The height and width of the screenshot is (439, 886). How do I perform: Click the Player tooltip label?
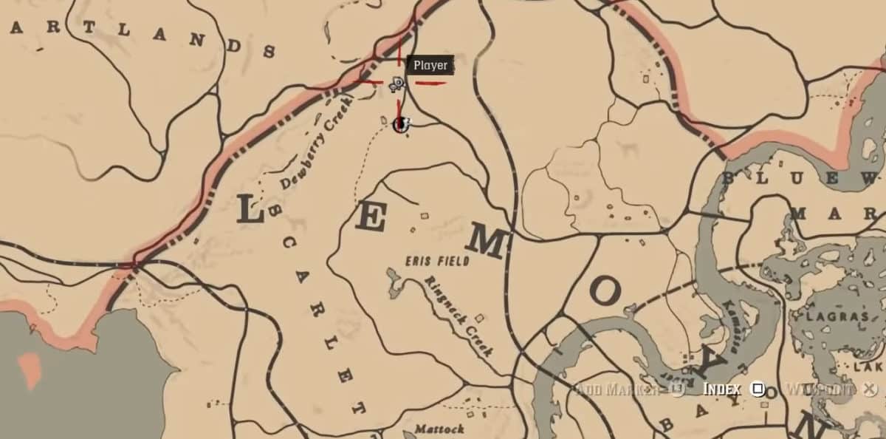(430, 65)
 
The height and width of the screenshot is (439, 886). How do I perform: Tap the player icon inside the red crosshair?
(396, 84)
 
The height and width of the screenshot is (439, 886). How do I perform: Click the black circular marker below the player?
(400, 124)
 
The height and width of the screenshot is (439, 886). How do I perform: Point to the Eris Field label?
(437, 260)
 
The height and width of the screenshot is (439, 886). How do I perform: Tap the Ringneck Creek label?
(458, 316)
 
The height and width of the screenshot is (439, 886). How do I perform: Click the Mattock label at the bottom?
(439, 429)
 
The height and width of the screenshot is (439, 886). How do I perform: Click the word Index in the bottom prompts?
(722, 389)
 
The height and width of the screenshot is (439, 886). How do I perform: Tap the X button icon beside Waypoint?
(870, 389)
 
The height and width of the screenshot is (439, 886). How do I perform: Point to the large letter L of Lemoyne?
(250, 211)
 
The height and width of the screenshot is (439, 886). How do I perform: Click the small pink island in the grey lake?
(30, 370)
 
